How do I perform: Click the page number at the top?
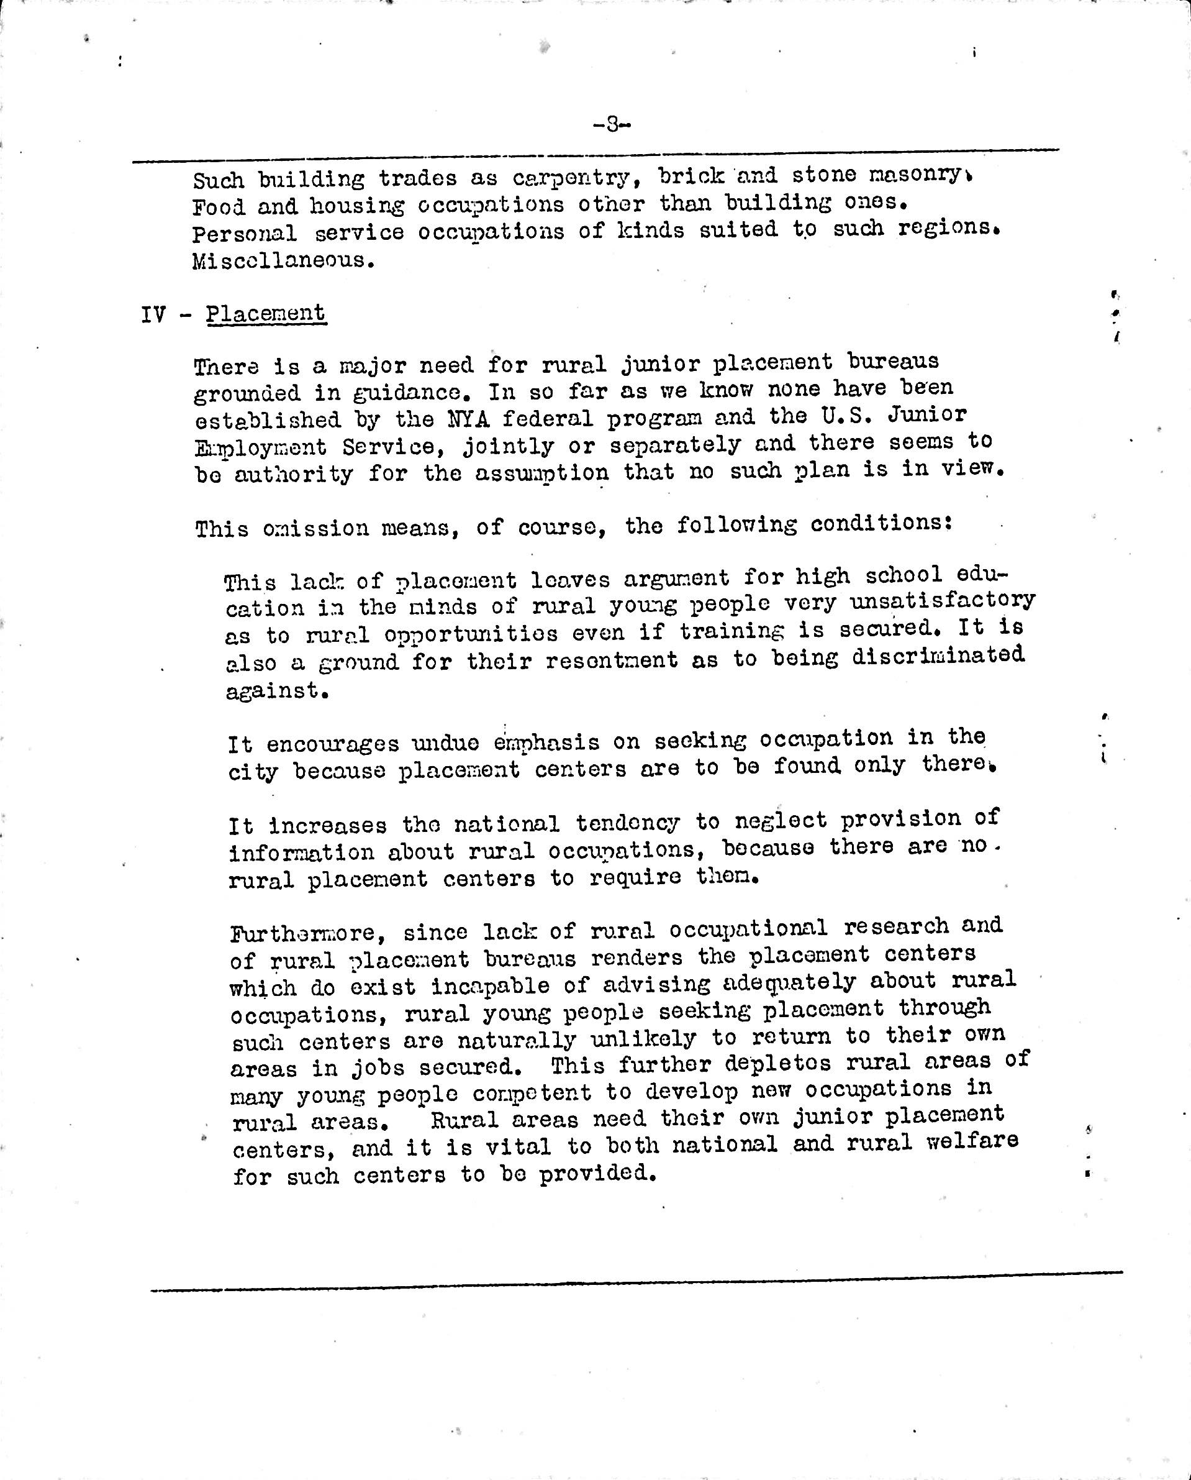pyautogui.click(x=610, y=124)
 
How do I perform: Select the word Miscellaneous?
pyautogui.click(x=283, y=261)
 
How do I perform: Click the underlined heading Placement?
pyautogui.click(x=266, y=313)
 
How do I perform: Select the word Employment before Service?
pyautogui.click(x=261, y=448)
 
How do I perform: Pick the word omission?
pyautogui.click(x=315, y=529)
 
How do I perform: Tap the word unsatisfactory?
pyautogui.click(x=942, y=601)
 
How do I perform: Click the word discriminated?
pyautogui.click(x=938, y=655)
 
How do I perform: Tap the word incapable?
pyautogui.click(x=490, y=987)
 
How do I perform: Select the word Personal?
pyautogui.click(x=244, y=234)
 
